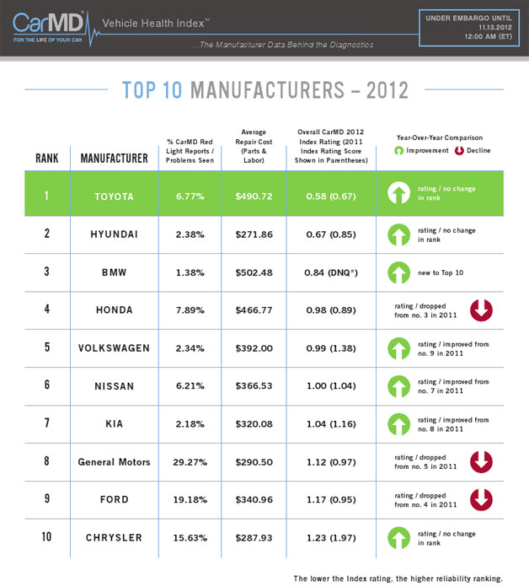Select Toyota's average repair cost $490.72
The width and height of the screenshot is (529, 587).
pyautogui.click(x=254, y=196)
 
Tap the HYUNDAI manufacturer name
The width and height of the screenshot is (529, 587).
pyautogui.click(x=114, y=234)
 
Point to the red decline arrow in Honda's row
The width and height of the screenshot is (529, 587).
pyautogui.click(x=480, y=310)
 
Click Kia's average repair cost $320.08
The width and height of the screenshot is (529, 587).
pyautogui.click(x=254, y=424)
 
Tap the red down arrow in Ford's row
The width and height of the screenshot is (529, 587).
pyautogui.click(x=480, y=500)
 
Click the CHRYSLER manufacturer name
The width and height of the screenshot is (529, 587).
pyautogui.click(x=114, y=538)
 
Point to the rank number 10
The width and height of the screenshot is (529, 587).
pyautogui.click(x=46, y=538)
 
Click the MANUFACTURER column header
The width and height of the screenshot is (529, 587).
pyautogui.click(x=114, y=158)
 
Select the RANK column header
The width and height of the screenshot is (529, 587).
pyautogui.click(x=46, y=158)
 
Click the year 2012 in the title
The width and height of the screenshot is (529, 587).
pyautogui.click(x=383, y=90)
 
